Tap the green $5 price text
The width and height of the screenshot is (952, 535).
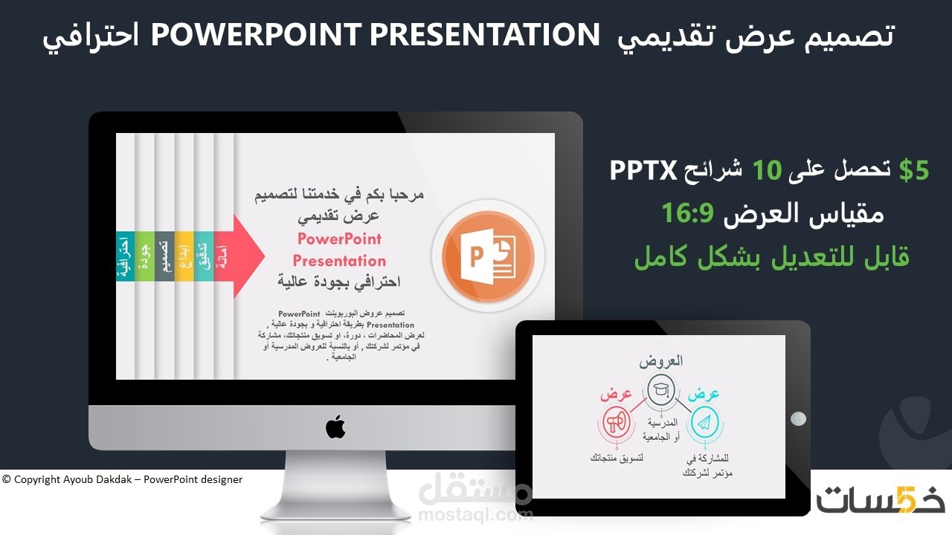(x=914, y=170)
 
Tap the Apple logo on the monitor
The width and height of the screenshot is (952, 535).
(x=335, y=427)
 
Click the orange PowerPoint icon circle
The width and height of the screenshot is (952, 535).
(x=487, y=256)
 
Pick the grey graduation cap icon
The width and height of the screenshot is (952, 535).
(x=660, y=390)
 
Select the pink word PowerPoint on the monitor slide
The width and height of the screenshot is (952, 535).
(x=339, y=239)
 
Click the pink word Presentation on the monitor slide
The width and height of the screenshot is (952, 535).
(x=339, y=261)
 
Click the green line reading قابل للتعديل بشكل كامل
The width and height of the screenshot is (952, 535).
(x=771, y=256)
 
